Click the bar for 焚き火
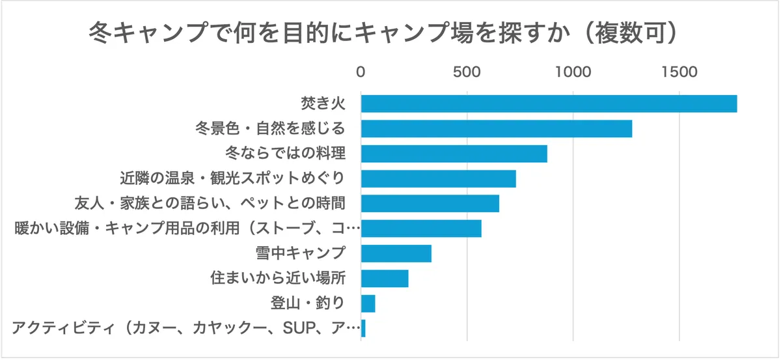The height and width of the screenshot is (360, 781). coord(549,104)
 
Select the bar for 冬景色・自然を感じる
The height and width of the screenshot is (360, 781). coord(497,128)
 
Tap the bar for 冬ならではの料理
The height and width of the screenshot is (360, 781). coord(454,154)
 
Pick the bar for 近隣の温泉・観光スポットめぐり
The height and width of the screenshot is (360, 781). coord(438,178)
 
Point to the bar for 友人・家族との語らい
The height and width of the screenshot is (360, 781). coord(430,203)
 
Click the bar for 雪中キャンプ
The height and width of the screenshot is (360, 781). coord(396,253)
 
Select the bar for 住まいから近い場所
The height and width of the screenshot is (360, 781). coord(384,279)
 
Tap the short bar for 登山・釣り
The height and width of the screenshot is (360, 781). coord(368,303)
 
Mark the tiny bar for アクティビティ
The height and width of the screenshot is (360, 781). coord(363,328)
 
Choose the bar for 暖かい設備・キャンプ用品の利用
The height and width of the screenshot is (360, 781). coord(421,228)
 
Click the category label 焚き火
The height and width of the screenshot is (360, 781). coord(322,104)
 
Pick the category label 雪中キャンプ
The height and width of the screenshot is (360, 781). coord(300,253)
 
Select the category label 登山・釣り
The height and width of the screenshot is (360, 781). coord(307,303)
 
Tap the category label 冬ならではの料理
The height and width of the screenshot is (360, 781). coord(284,154)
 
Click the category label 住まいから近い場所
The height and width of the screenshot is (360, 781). coord(277,279)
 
